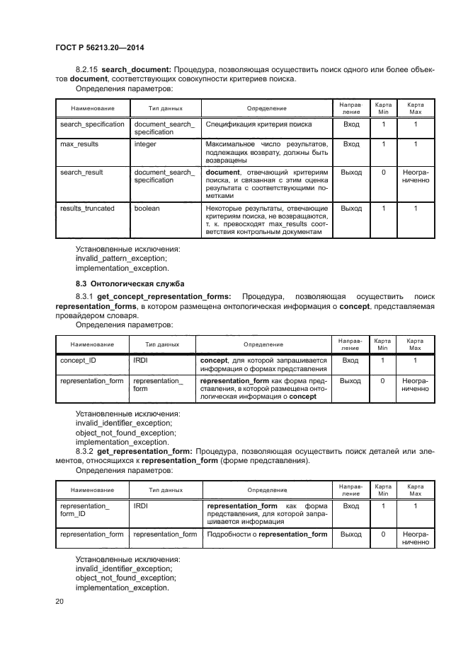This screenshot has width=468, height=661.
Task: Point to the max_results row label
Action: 79,144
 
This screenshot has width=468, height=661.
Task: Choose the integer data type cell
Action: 145,144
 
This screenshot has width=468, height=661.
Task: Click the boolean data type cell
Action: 147,209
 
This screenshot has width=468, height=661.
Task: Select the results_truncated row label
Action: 87,209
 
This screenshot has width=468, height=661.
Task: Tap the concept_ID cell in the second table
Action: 79,361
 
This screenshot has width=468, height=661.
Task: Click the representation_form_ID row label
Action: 85,510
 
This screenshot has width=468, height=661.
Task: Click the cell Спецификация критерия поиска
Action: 249,124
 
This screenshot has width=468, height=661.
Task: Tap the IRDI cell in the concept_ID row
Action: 140,361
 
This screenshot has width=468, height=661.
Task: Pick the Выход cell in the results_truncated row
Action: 350,209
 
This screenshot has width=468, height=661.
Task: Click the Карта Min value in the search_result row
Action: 383,172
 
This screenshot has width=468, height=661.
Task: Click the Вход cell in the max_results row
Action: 350,144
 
